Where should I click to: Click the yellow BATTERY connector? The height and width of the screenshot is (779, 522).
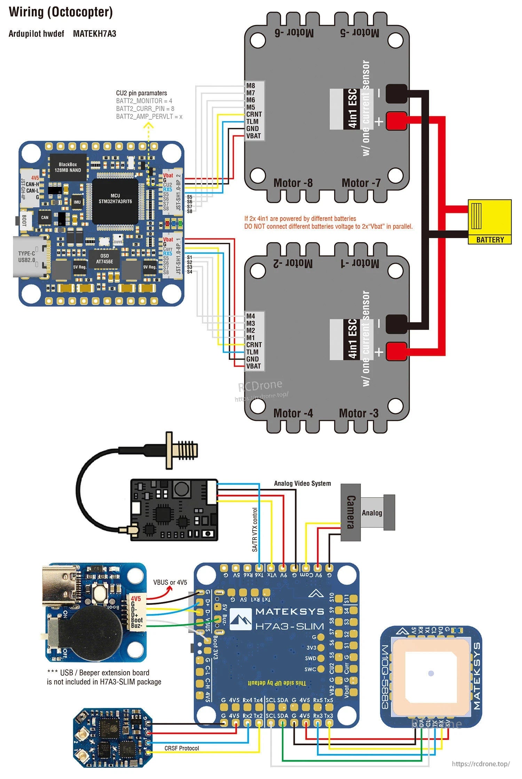tap(489, 221)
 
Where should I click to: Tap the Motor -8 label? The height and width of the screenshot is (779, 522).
tap(293, 183)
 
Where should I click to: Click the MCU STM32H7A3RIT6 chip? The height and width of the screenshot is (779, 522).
tap(115, 199)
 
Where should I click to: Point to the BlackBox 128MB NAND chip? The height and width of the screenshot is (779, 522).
tap(68, 167)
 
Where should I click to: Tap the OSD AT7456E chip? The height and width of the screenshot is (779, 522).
tap(104, 259)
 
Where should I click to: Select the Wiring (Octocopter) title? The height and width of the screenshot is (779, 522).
tap(61, 12)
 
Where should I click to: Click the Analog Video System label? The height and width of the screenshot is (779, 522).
tap(302, 483)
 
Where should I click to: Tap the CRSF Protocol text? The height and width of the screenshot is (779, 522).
tap(182, 748)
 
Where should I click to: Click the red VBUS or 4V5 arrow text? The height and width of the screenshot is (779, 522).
tap(170, 582)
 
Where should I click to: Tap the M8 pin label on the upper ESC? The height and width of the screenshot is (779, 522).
tap(251, 86)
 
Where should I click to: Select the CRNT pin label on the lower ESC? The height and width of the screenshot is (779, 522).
tap(254, 344)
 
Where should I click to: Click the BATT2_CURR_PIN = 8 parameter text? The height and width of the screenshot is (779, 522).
tap(145, 109)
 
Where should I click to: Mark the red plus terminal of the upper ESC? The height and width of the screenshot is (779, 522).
tap(396, 120)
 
